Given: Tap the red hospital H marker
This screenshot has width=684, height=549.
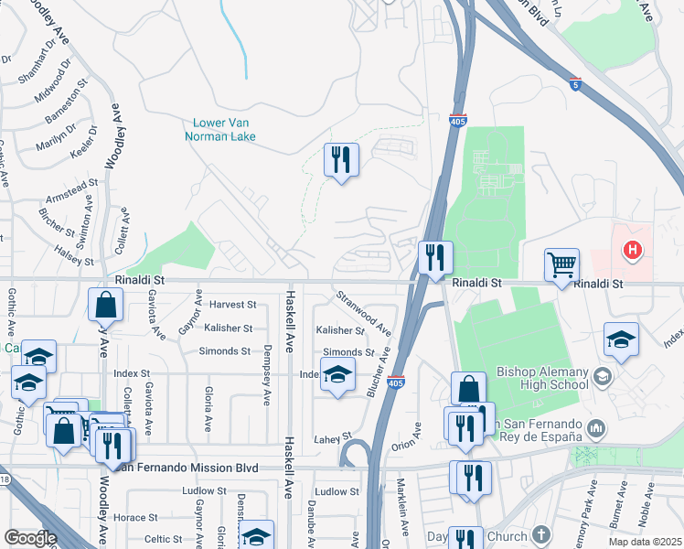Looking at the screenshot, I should coord(631,249).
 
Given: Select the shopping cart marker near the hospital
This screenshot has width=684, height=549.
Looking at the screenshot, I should coord(561,265).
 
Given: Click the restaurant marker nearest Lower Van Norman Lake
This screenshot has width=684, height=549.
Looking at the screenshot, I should coord(341,160).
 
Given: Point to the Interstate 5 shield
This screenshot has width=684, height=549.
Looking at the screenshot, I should coord(573,83).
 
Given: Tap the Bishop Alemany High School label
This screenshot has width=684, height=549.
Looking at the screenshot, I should coord(542,378).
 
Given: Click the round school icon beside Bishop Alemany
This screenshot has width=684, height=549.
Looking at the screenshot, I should coord(602,375).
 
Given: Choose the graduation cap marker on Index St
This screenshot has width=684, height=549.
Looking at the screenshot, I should coord(337,375).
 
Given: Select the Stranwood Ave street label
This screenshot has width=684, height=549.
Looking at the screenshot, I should coord(363,311).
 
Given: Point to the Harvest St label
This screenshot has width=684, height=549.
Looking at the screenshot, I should coord(230,305).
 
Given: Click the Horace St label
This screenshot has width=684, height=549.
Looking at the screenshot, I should coord(135,517).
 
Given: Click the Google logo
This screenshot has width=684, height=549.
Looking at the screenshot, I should coord(30,538).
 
